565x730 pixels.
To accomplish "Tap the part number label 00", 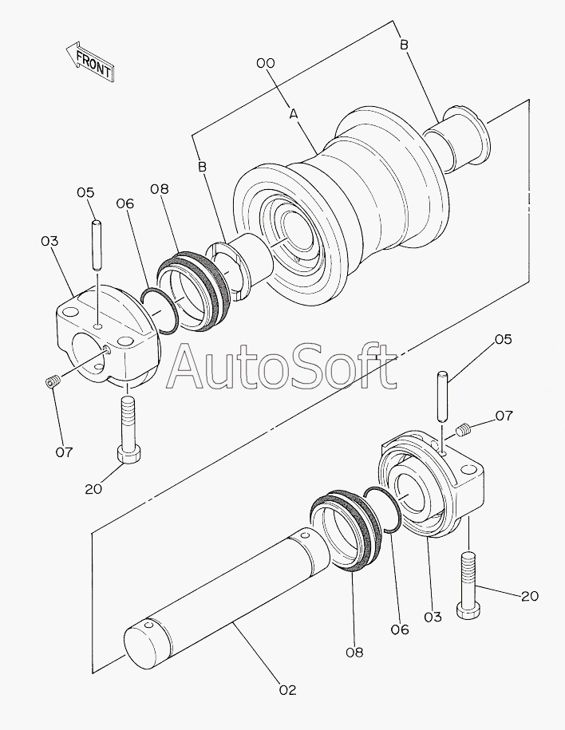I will pyautogui.click(x=266, y=63).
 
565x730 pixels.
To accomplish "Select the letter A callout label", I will pyautogui.click(x=294, y=115).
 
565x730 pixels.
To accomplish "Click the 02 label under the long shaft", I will pyautogui.click(x=287, y=690).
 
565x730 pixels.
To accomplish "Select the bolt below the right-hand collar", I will pyautogui.click(x=469, y=584).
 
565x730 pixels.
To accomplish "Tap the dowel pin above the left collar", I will pyautogui.click(x=97, y=245).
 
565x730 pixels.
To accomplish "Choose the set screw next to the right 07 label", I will pyautogui.click(x=463, y=432).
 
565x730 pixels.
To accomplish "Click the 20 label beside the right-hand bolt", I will pyautogui.click(x=529, y=596).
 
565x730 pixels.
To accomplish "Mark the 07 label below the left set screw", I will pyautogui.click(x=64, y=452).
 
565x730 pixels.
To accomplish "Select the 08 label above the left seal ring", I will pyautogui.click(x=160, y=188).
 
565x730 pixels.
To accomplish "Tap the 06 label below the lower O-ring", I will pyautogui.click(x=400, y=629).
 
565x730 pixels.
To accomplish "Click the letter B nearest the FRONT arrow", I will pyautogui.click(x=202, y=167).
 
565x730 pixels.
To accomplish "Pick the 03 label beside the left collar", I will pyautogui.click(x=49, y=240).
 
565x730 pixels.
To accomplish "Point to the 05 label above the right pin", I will pyautogui.click(x=503, y=339).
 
